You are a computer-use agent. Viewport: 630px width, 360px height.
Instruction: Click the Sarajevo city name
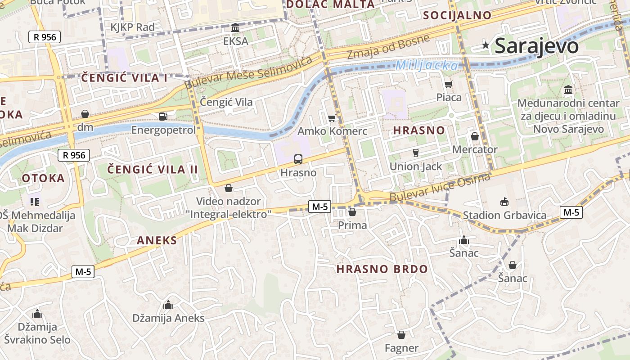(x=536, y=46)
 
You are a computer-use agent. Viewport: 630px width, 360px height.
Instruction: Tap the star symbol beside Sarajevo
(x=486, y=45)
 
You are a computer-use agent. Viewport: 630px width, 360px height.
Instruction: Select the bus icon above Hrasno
(x=298, y=159)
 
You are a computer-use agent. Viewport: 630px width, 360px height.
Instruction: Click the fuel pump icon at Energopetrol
(x=163, y=116)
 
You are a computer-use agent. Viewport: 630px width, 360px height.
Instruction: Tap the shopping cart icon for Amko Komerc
(x=332, y=118)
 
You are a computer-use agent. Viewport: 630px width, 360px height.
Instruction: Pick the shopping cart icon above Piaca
(x=449, y=84)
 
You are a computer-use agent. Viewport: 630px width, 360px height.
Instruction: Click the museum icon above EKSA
(x=235, y=28)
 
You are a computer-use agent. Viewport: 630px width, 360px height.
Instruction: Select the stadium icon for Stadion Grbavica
(x=504, y=202)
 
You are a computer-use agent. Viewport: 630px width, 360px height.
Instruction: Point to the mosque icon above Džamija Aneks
(x=168, y=305)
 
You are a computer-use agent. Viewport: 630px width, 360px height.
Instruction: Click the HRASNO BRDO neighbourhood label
(x=382, y=269)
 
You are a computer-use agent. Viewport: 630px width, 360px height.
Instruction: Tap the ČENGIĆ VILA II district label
(x=153, y=170)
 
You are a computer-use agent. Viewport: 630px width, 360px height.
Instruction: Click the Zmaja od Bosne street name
(x=388, y=47)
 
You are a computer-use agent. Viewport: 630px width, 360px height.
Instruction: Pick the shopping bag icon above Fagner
(x=401, y=335)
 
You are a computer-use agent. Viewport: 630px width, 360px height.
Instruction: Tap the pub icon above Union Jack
(x=416, y=153)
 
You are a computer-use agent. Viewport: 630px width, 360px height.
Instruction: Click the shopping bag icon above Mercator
(x=475, y=136)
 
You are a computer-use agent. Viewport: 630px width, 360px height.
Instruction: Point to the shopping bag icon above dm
(x=85, y=114)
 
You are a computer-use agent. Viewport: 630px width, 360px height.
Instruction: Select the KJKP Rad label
(x=132, y=27)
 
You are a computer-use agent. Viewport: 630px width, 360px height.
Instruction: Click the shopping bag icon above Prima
(x=352, y=212)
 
